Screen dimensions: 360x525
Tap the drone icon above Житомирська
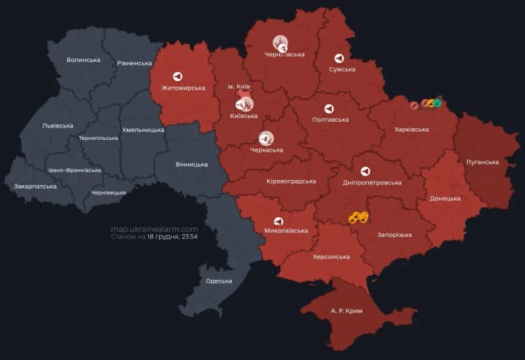tap(178, 76)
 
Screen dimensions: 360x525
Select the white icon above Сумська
tap(339, 58)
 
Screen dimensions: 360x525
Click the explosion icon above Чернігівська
tap(281, 43)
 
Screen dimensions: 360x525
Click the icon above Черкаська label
tap(266, 138)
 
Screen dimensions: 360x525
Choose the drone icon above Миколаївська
tap(279, 221)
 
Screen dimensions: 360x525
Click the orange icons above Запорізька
tap(357, 217)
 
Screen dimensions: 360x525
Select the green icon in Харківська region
tap(437, 103)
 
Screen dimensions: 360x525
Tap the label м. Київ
tap(241, 87)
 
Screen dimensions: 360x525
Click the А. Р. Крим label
tap(346, 311)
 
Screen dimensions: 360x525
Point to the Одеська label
tap(219, 281)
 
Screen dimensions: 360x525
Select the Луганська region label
tap(482, 162)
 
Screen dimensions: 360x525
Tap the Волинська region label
tap(83, 60)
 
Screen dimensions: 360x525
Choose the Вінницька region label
tap(192, 165)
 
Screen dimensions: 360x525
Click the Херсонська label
tap(328, 257)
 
